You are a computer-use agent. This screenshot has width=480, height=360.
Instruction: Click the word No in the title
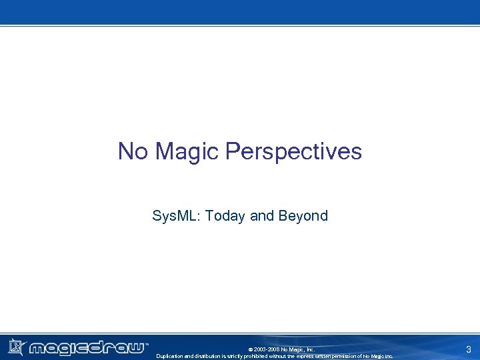[132, 151]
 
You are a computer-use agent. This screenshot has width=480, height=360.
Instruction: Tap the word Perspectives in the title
[293, 151]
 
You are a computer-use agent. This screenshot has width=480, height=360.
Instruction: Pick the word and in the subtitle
[262, 216]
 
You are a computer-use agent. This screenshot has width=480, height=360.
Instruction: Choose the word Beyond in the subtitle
[303, 216]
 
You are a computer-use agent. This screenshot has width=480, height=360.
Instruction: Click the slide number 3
[469, 349]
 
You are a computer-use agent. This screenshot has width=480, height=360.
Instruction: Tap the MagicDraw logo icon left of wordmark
[16, 347]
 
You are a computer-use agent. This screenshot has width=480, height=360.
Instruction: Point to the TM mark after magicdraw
[147, 345]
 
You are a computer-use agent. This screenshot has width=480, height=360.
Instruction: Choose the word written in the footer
[329, 356]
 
